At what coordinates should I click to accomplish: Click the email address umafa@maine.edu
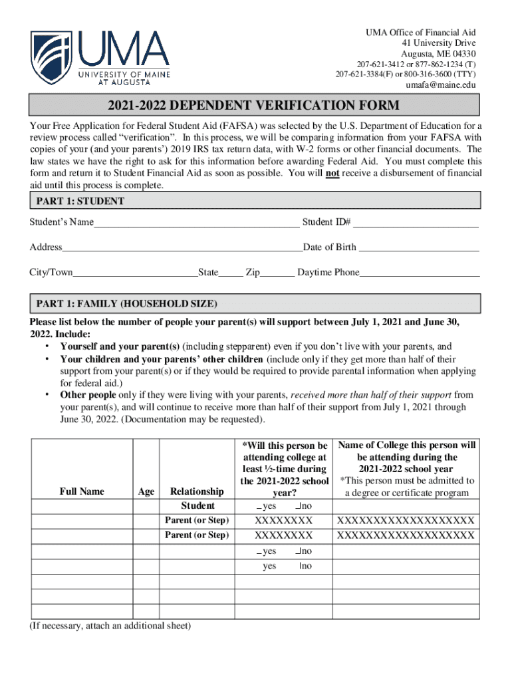click(x=440, y=85)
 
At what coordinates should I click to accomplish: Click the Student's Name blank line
click(x=196, y=223)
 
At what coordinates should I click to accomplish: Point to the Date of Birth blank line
click(x=419, y=249)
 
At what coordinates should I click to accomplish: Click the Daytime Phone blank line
click(x=420, y=274)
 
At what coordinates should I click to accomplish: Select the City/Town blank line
click(x=135, y=274)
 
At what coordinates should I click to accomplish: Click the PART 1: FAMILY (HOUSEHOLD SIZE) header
click(x=126, y=304)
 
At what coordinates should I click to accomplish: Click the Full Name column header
click(x=82, y=491)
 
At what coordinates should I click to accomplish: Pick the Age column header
click(x=146, y=491)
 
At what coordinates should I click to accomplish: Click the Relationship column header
click(x=197, y=491)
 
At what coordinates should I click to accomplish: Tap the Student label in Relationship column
click(x=197, y=506)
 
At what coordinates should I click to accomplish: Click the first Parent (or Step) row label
click(x=197, y=519)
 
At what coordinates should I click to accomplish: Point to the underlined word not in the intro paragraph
click(x=332, y=174)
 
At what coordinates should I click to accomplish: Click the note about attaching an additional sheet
click(x=110, y=626)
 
